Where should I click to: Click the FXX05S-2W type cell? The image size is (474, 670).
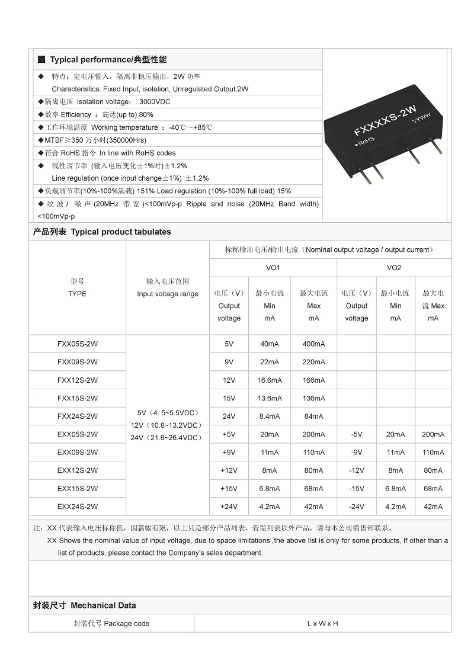77,344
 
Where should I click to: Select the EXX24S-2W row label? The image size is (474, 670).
77,506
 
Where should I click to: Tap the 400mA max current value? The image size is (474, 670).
313,344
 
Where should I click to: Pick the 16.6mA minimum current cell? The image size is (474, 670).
270,380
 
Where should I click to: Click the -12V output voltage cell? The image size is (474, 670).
356,470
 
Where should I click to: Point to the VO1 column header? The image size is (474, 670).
273,268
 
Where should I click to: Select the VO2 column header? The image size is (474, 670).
394,268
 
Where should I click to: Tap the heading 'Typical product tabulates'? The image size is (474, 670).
121,232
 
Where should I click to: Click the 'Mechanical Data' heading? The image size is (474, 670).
103,605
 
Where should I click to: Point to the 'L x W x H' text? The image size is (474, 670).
322,624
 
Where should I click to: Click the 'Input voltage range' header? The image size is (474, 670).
168,294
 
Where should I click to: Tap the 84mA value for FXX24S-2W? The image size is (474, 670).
313,416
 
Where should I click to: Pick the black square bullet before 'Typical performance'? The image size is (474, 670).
41,60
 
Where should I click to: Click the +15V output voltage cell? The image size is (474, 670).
229,489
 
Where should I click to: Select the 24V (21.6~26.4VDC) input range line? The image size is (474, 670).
168,438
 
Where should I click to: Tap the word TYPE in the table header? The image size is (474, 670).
77,294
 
